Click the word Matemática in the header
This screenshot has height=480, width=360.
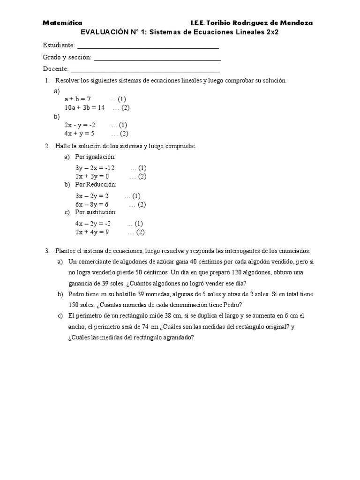(62, 22)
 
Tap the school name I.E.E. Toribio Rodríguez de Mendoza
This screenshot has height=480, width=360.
(252, 22)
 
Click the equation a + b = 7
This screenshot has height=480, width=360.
(77, 99)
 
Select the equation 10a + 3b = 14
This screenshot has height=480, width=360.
(84, 107)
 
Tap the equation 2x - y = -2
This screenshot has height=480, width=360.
(80, 125)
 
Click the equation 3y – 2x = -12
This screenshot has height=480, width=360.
(95, 167)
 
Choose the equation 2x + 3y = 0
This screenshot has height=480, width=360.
(92, 176)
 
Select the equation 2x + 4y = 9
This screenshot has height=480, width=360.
(92, 232)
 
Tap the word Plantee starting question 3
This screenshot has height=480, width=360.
(66, 251)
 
